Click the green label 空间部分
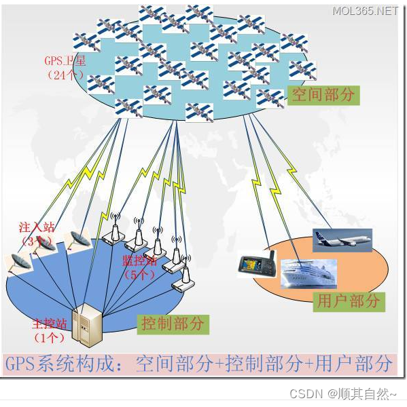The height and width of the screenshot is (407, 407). tap(323, 95)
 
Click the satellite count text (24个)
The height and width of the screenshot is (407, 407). tap(66, 75)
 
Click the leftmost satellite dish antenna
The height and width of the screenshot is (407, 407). tap(19, 261)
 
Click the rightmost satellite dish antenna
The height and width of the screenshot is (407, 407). tap(76, 239)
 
